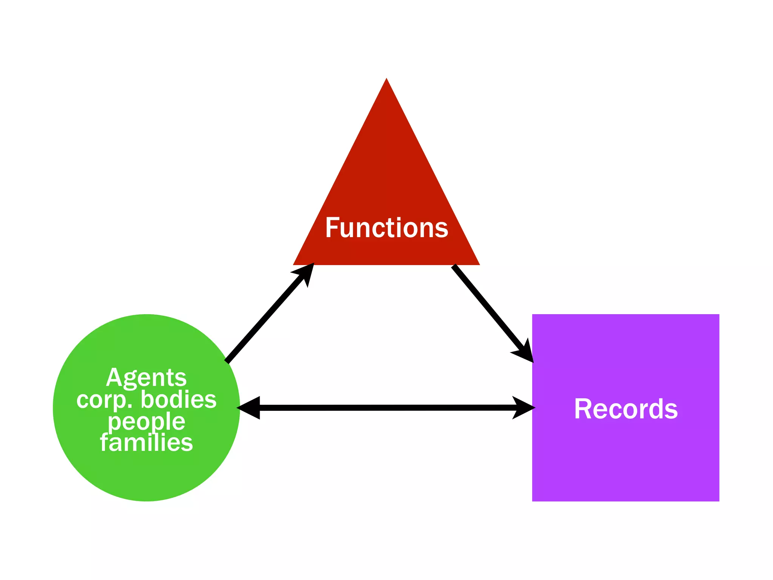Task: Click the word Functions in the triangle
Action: tap(386, 228)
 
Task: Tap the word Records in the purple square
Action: tap(626, 409)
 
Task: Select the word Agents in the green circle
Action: tap(146, 378)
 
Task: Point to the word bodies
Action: tap(179, 400)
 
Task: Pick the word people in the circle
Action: tap(146, 421)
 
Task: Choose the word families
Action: tap(146, 443)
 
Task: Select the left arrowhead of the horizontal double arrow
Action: tap(249, 408)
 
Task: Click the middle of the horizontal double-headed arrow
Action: tap(386, 408)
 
